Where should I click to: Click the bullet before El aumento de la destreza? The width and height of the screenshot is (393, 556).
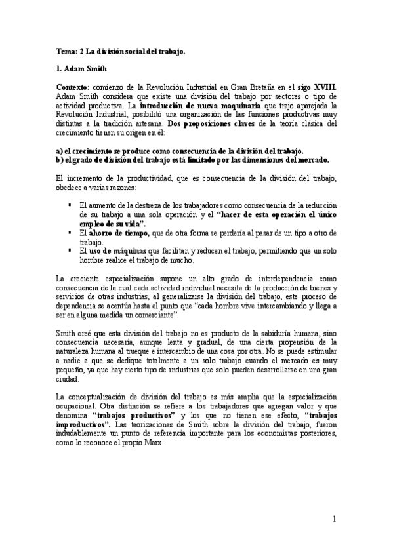coord(70,205)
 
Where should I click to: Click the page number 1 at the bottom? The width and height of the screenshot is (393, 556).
coord(333,520)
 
